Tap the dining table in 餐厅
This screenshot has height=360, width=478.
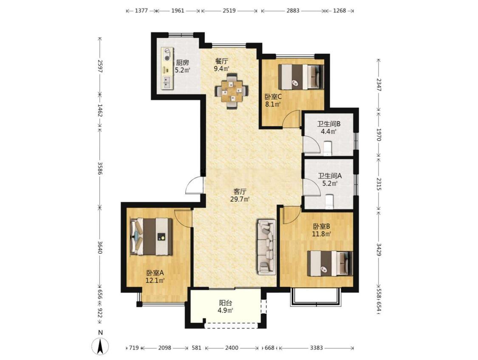(x=232, y=91)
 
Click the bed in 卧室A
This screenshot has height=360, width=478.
(x=151, y=236)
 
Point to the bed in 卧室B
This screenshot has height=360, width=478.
(x=330, y=263)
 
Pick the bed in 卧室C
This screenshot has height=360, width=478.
(x=301, y=77)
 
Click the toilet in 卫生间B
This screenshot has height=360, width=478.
(x=327, y=148)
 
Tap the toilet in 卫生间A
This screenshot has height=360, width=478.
(x=330, y=201)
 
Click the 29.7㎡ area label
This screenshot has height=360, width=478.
(x=240, y=199)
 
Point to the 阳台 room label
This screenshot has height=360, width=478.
(x=226, y=303)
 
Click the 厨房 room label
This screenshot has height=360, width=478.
(x=182, y=62)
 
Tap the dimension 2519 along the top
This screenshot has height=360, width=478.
(x=229, y=11)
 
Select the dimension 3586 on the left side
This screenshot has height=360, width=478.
(x=100, y=167)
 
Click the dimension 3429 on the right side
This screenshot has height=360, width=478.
(x=379, y=250)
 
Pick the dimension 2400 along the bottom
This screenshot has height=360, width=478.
(x=232, y=348)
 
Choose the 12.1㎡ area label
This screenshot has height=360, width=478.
(x=155, y=280)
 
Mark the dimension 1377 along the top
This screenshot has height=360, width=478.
(x=141, y=11)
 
